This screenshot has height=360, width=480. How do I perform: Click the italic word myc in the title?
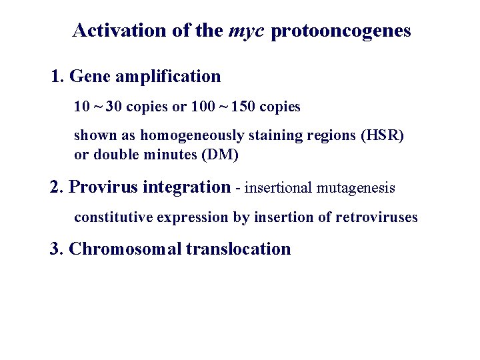coord(248,31)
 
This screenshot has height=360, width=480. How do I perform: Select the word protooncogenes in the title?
coord(342,31)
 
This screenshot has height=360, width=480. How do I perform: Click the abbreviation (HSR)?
coord(382,136)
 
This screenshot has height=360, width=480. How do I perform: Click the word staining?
coord(271,136)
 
